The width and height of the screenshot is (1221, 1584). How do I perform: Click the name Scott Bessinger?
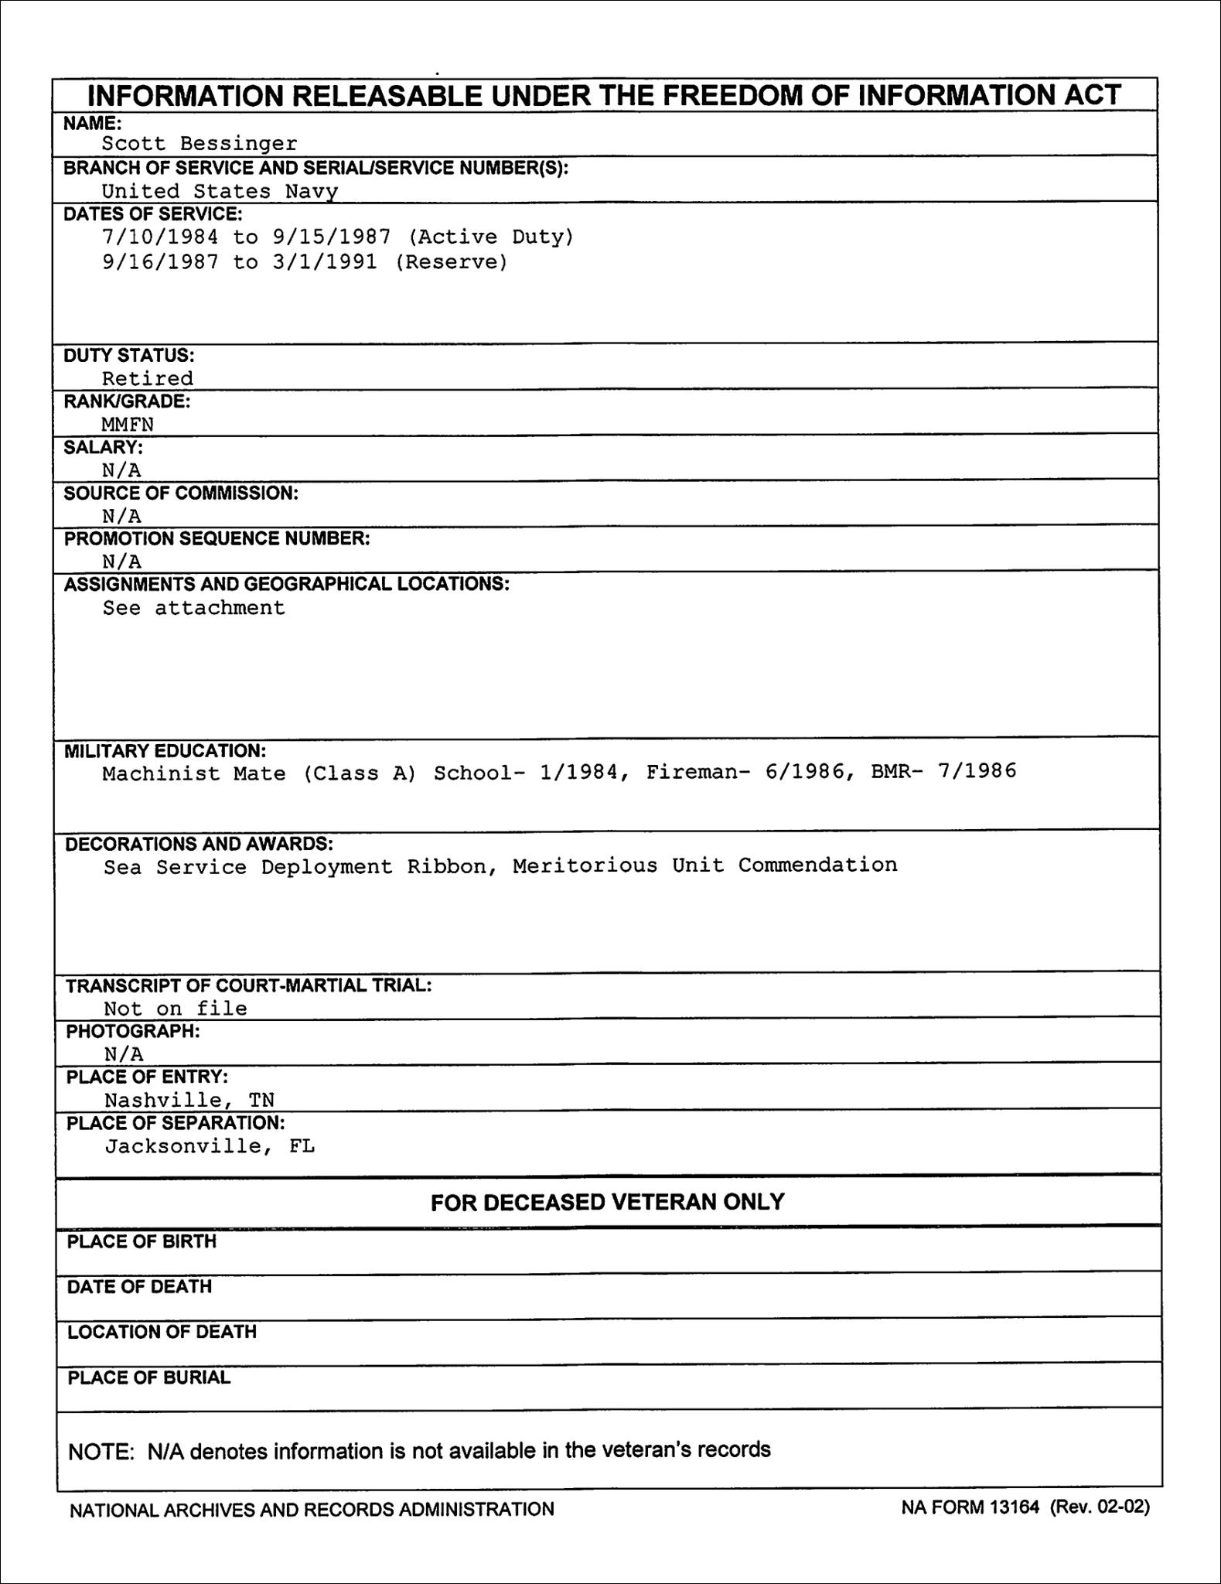pyautogui.click(x=200, y=144)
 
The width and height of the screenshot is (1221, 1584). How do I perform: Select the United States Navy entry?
pyautogui.click(x=220, y=191)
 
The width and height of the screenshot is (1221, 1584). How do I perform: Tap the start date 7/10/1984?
pyautogui.click(x=161, y=237)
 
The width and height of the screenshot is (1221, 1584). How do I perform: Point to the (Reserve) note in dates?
pyautogui.click(x=452, y=262)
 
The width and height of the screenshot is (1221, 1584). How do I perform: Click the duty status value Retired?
pyautogui.click(x=148, y=378)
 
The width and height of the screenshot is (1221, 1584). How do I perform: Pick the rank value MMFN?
pyautogui.click(x=128, y=424)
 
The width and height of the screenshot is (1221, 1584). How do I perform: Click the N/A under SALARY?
pyautogui.click(x=122, y=470)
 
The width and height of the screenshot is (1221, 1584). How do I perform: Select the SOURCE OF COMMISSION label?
pyautogui.click(x=181, y=493)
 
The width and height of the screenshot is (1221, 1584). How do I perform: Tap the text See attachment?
pyautogui.click(x=194, y=608)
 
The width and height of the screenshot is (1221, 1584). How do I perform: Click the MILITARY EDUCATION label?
pyautogui.click(x=165, y=751)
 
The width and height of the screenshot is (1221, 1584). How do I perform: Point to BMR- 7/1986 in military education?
pyautogui.click(x=943, y=771)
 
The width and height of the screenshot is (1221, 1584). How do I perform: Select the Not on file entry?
pyautogui.click(x=176, y=1009)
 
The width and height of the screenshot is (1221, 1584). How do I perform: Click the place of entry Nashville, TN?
pyautogui.click(x=189, y=1100)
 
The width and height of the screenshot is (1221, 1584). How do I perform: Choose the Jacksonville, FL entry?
pyautogui.click(x=210, y=1145)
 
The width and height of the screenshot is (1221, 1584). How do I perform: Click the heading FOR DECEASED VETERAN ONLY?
pyautogui.click(x=608, y=1202)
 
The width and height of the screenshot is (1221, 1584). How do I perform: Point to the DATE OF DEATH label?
pyautogui.click(x=139, y=1287)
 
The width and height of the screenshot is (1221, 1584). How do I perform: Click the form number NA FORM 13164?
pyautogui.click(x=970, y=1507)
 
